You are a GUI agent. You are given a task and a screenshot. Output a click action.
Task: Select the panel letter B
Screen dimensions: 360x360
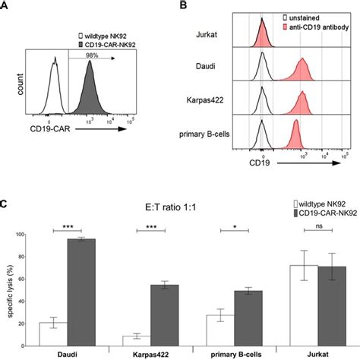pos(183,6)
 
